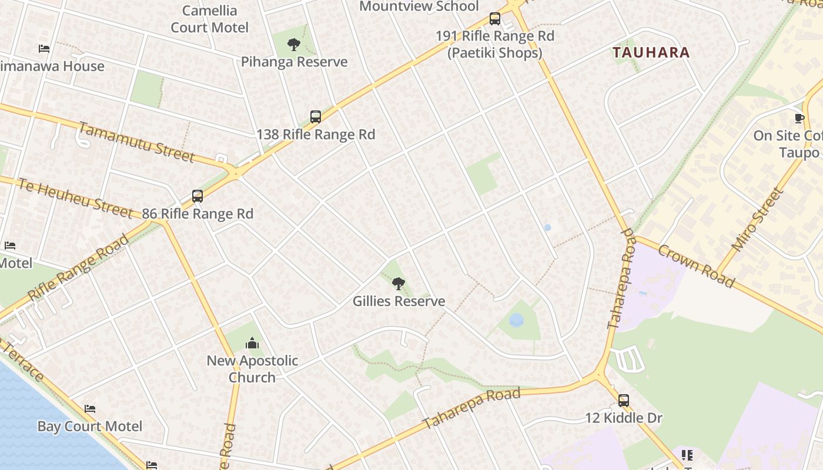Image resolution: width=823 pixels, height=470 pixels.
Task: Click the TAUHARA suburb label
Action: point(651,52)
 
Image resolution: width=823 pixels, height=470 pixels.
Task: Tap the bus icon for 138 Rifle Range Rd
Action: point(316,117)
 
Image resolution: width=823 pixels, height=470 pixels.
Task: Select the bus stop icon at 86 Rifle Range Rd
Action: point(198,196)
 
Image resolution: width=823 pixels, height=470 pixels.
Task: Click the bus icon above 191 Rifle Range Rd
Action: point(495,19)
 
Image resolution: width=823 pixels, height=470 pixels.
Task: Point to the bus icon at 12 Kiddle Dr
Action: point(624,401)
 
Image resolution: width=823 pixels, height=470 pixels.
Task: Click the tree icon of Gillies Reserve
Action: point(399,284)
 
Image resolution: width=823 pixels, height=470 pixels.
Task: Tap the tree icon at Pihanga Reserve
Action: point(294,45)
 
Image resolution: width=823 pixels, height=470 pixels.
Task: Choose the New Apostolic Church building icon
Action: point(252,343)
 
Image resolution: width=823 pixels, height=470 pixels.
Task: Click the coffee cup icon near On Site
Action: point(799,119)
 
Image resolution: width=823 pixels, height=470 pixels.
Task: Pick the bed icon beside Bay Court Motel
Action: point(89,409)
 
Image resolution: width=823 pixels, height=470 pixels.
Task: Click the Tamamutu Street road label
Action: point(136,142)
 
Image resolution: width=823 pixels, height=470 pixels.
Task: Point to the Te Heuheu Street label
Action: point(75,198)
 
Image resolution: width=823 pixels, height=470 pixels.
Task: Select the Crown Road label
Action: point(696,266)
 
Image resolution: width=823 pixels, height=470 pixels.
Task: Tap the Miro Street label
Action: point(758,219)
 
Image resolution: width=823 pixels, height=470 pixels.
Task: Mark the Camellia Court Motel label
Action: point(209,19)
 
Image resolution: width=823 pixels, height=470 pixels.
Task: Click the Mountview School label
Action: point(419,6)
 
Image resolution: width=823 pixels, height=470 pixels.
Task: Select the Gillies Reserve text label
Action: point(399,301)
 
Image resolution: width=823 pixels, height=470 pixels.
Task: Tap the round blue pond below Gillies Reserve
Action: point(516,320)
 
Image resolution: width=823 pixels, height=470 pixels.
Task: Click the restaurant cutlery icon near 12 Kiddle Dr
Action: point(687,455)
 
